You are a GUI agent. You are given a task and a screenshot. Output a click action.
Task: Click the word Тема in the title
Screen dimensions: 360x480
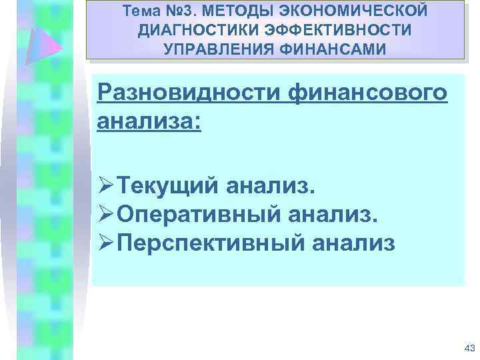[138, 11]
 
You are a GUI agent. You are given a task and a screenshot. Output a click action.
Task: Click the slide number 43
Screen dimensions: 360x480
[468, 349]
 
